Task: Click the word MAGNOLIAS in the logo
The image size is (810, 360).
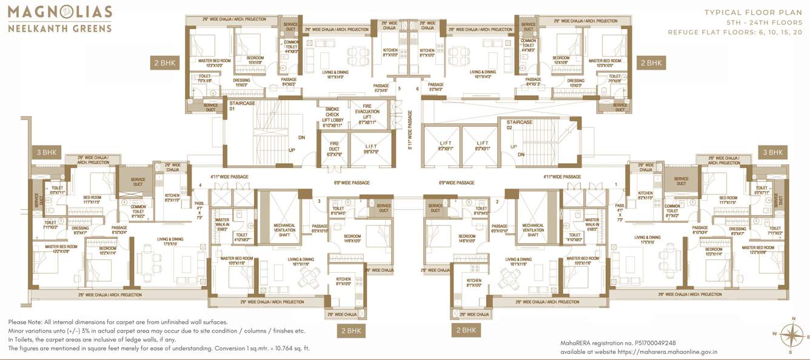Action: [x=59, y=12]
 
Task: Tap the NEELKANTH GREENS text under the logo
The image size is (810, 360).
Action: [x=59, y=28]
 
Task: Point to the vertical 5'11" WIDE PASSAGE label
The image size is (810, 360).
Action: [x=410, y=129]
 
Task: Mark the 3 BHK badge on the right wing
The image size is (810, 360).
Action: [x=773, y=152]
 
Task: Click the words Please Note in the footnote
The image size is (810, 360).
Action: [x=25, y=322]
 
